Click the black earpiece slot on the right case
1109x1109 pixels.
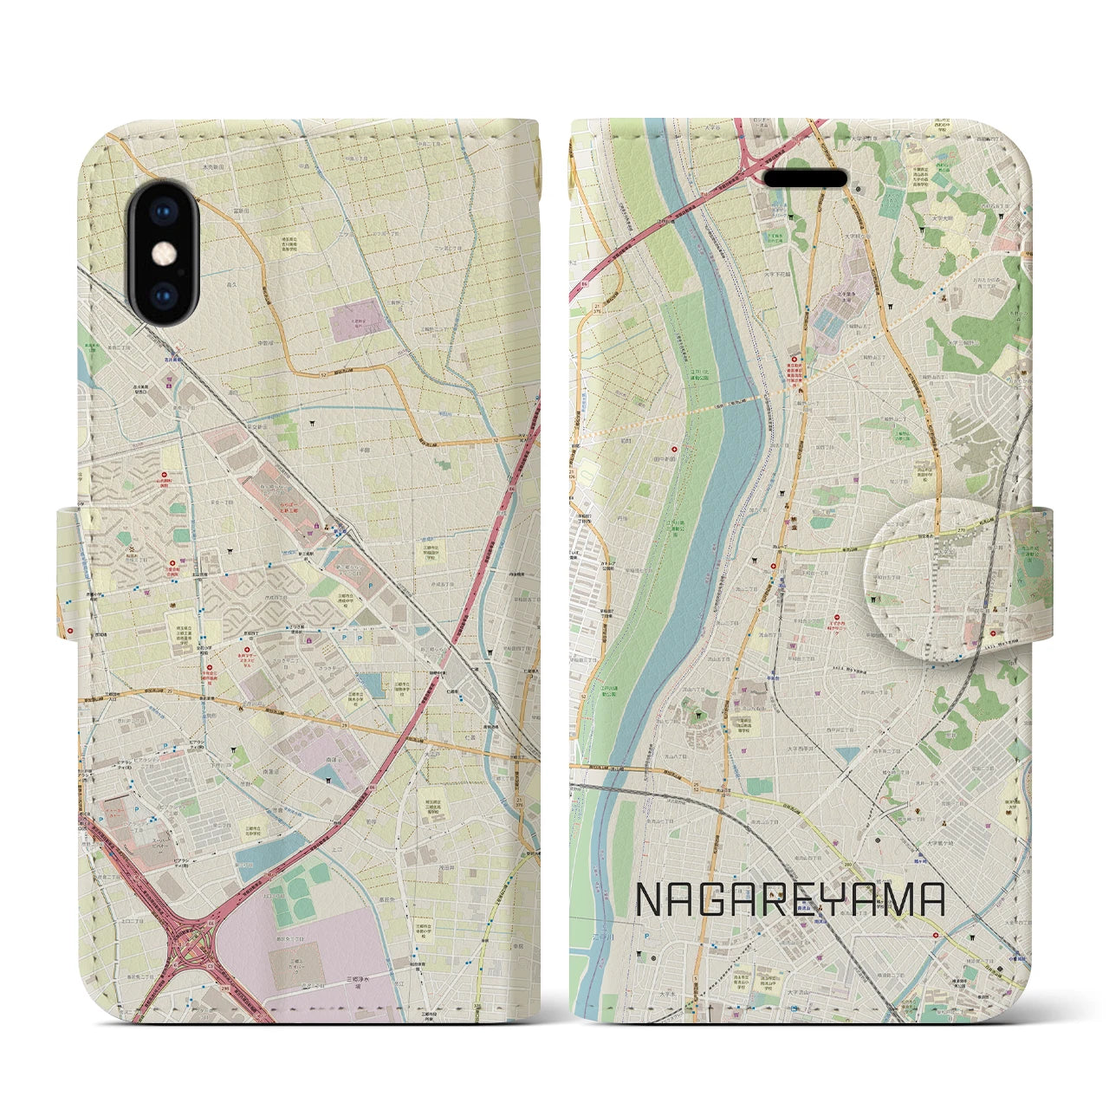805,178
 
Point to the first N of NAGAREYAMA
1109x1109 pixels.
650,901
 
